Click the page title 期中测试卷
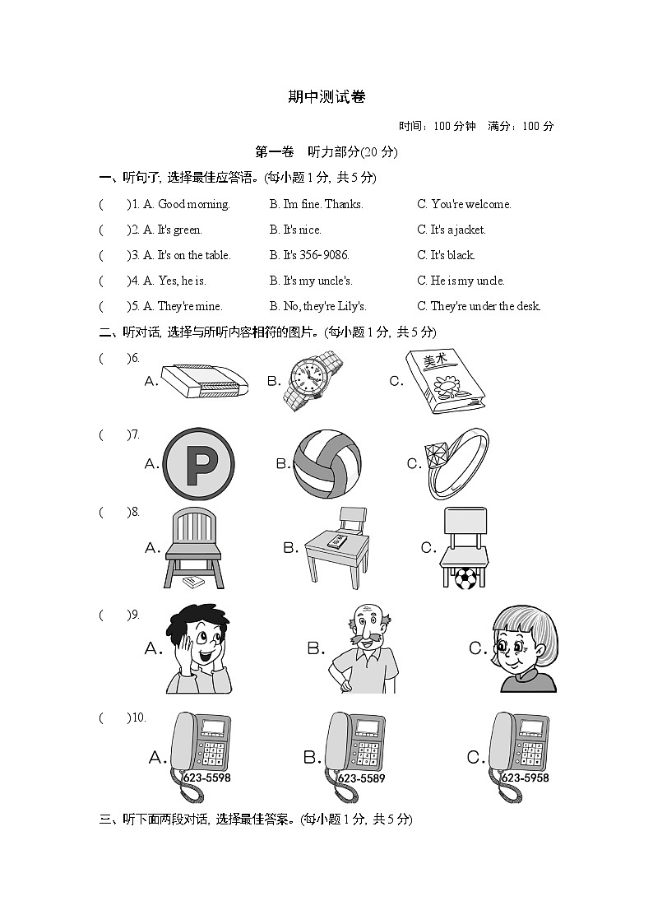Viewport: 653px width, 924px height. click(326, 96)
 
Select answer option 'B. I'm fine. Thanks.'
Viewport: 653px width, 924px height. click(316, 204)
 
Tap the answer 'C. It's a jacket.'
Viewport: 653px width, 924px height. click(451, 230)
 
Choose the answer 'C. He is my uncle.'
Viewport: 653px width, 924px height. click(461, 281)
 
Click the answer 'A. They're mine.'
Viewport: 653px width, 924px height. click(183, 306)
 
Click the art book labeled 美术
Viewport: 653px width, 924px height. click(444, 379)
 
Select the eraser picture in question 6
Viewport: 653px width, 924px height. click(204, 380)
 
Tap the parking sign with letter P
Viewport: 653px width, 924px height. click(199, 464)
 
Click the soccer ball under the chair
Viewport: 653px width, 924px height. click(465, 577)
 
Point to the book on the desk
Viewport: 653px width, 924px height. click(336, 541)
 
